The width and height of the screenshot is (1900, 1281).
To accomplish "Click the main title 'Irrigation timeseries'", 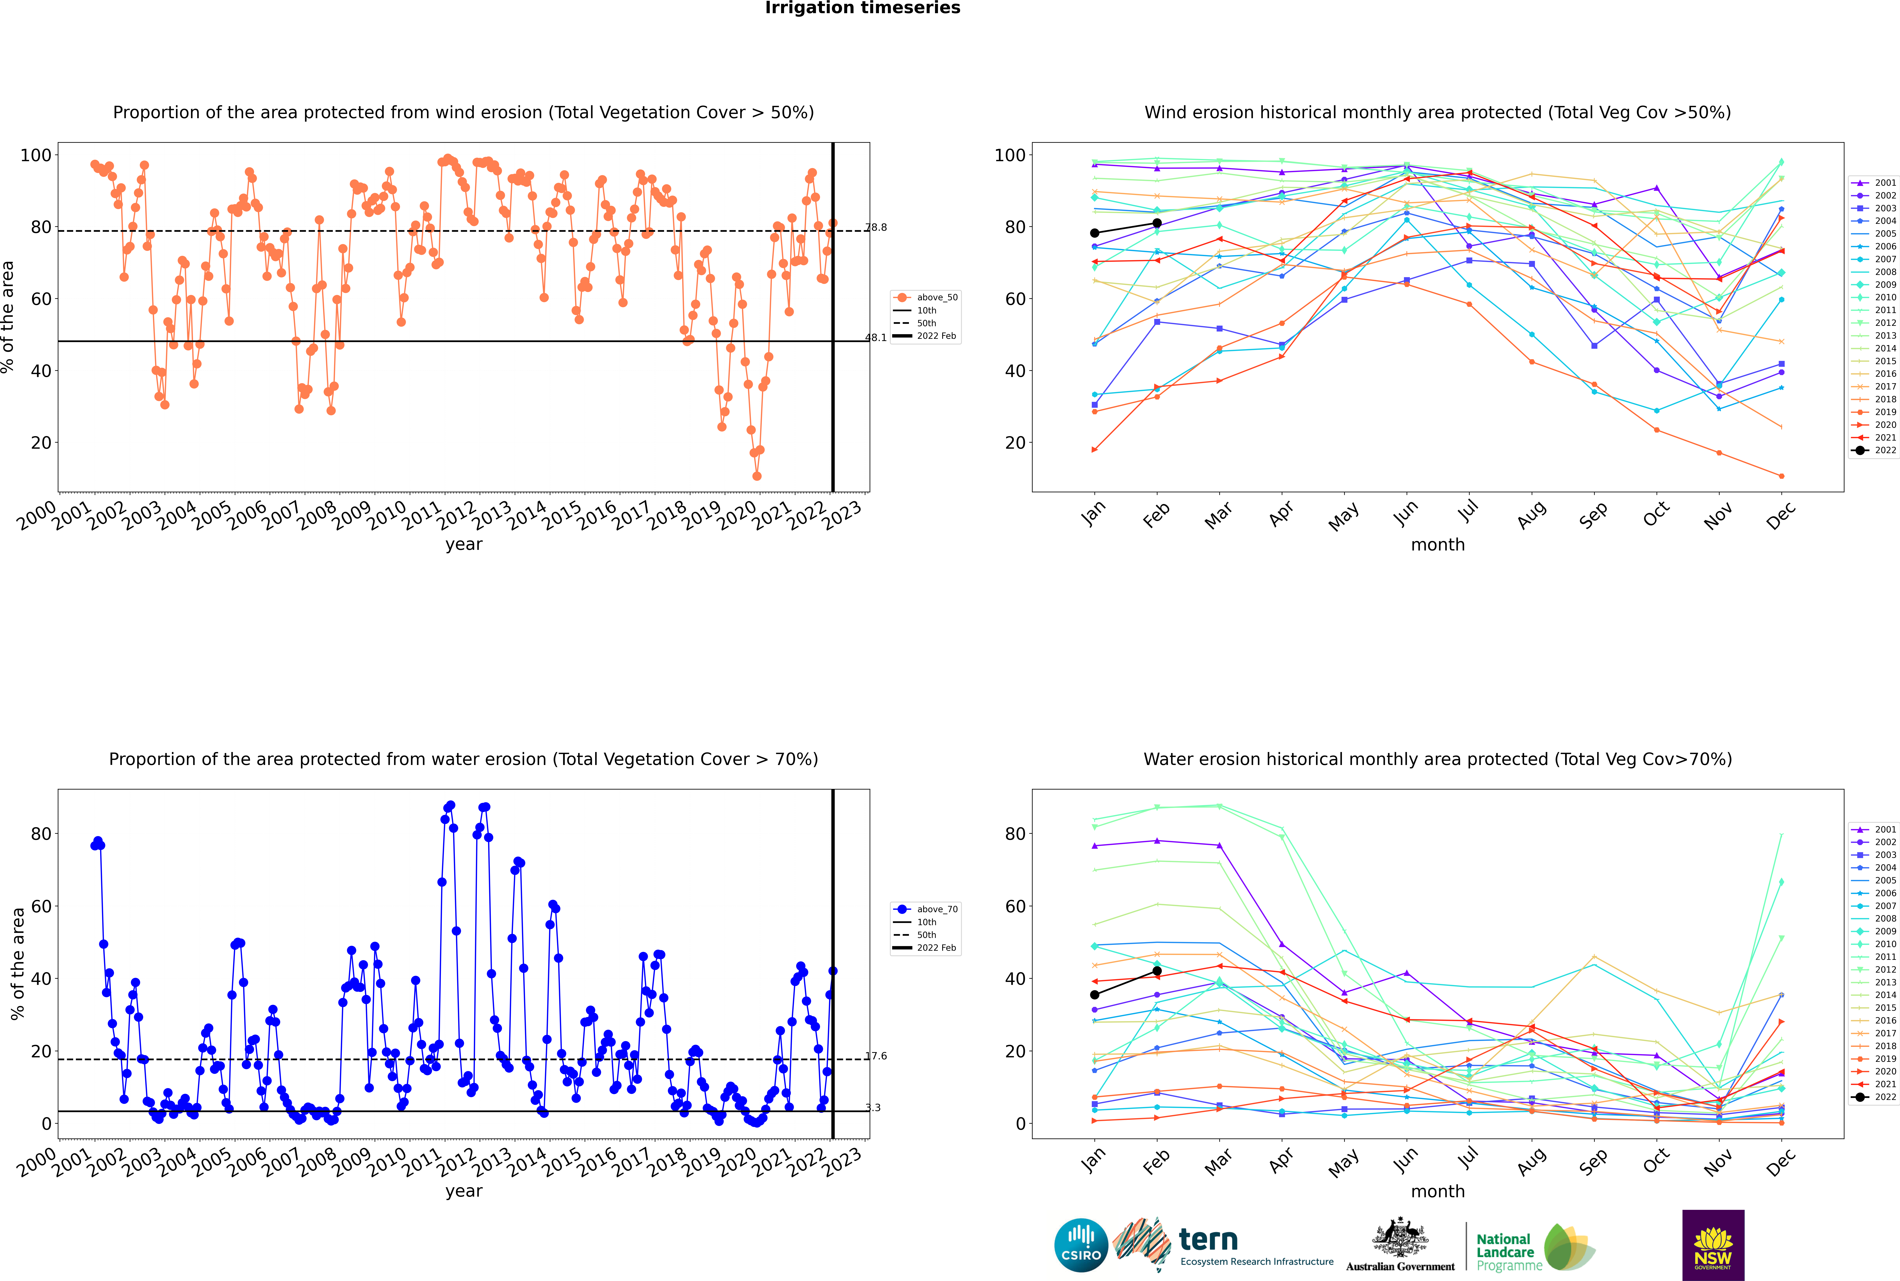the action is click(x=863, y=8).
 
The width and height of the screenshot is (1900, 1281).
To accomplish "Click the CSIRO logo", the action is click(x=1081, y=1245).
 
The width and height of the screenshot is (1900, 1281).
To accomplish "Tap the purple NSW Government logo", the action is click(x=1713, y=1245).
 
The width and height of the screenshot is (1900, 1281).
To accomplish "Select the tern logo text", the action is click(x=1208, y=1240).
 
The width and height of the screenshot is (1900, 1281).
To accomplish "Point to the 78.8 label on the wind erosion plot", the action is click(x=876, y=227).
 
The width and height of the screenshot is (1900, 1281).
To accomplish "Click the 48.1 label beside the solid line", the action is click(x=876, y=337).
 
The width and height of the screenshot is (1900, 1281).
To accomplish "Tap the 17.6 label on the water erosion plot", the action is click(x=876, y=1056).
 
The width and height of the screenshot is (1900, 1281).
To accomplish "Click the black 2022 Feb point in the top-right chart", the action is click(x=1157, y=223).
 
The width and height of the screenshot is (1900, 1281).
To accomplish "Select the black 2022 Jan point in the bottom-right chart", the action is click(x=1095, y=994).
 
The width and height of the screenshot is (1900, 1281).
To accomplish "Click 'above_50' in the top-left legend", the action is click(x=937, y=297).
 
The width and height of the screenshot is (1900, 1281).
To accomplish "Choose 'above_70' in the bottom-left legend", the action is click(x=937, y=909).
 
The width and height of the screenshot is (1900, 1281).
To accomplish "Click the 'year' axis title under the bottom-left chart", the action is click(x=464, y=1191).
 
